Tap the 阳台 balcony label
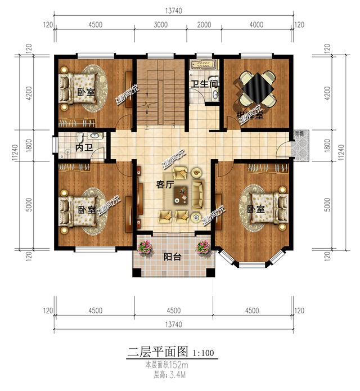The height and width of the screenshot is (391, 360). tap(172, 257)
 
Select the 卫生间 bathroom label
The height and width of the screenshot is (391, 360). tap(204, 84)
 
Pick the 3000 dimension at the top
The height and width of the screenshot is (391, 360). tap(161, 25)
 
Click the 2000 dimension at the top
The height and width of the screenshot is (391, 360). tap(204, 25)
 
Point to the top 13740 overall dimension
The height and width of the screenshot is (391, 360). tap(173, 10)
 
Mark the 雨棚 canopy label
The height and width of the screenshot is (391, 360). tap(299, 133)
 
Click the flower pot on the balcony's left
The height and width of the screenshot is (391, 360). tap(145, 246)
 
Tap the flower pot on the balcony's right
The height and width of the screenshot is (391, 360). tap(202, 246)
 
